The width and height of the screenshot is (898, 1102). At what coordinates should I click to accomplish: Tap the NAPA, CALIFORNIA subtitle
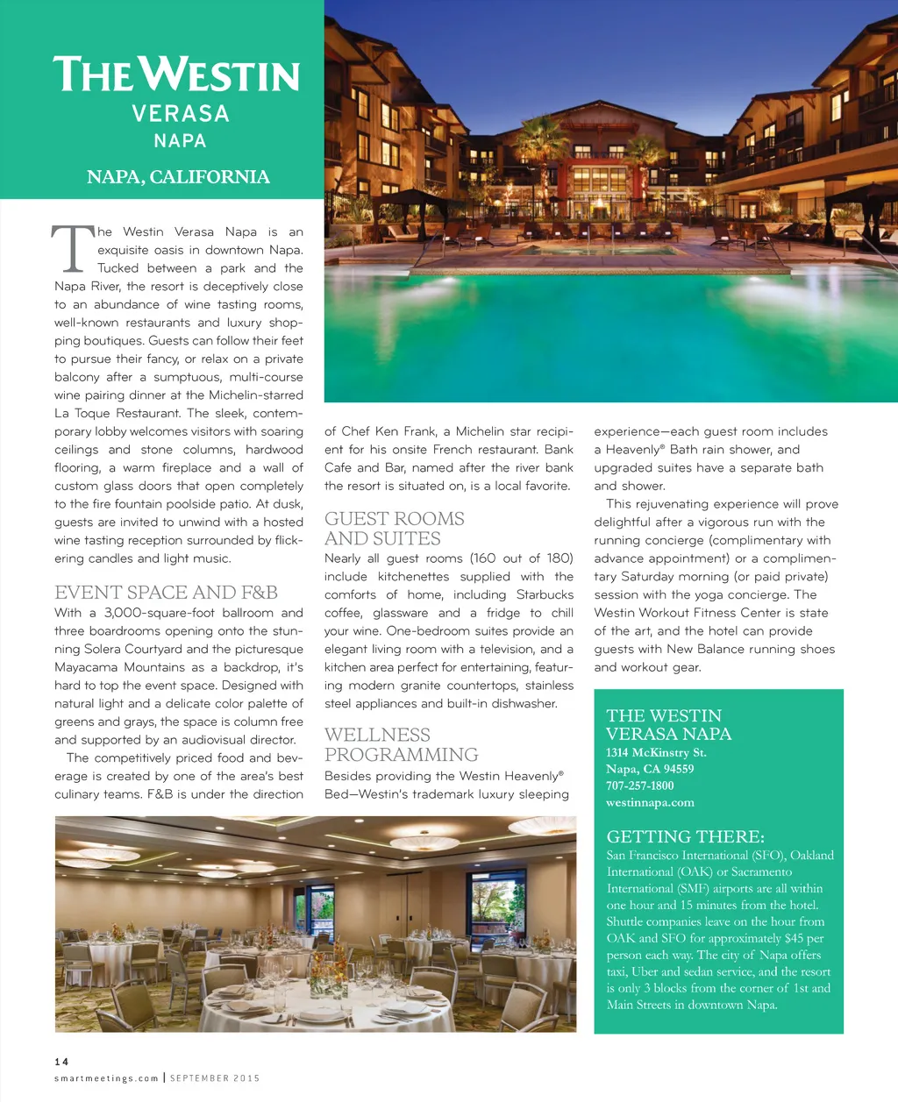coord(178,177)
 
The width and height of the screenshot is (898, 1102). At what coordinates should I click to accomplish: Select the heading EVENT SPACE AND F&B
coord(166,593)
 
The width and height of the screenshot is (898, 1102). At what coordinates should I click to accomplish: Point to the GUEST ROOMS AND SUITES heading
coord(394,529)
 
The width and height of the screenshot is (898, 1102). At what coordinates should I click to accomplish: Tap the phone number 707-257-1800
coord(640,786)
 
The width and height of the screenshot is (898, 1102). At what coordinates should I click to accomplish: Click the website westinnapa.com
coord(650,802)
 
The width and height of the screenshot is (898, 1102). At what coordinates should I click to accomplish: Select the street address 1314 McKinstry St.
coord(656,752)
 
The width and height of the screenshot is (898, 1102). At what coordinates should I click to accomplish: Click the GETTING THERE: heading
coord(685,836)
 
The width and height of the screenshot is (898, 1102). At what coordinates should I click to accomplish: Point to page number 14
coord(61,1062)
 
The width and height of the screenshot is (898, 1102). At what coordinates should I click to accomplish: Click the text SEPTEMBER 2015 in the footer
coord(215,1078)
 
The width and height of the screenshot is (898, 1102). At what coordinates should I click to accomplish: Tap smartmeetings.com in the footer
coord(106,1078)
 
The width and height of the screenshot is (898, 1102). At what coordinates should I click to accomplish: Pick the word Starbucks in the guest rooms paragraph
coord(545,594)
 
